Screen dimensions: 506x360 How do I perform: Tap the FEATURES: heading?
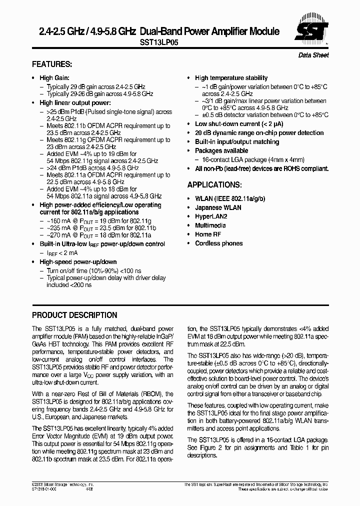[x=52, y=64]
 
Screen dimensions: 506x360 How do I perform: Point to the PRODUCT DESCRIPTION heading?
[x=74, y=315]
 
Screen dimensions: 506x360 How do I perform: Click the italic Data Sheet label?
[x=313, y=55]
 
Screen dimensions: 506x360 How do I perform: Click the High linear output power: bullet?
[x=75, y=103]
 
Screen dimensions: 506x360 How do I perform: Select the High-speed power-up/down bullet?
[x=78, y=262]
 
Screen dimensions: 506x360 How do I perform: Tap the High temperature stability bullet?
[x=231, y=78]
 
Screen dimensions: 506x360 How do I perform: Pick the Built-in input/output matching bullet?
[x=237, y=142]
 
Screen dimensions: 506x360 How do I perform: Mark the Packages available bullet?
[x=221, y=150]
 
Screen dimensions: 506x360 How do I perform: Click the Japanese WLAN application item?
[x=218, y=207]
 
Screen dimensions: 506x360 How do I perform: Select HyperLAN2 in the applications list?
[x=211, y=216]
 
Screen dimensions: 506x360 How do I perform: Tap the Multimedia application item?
[x=210, y=225]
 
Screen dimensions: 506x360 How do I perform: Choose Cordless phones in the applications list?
[x=218, y=243]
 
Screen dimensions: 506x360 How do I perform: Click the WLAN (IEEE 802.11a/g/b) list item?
[x=230, y=198]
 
